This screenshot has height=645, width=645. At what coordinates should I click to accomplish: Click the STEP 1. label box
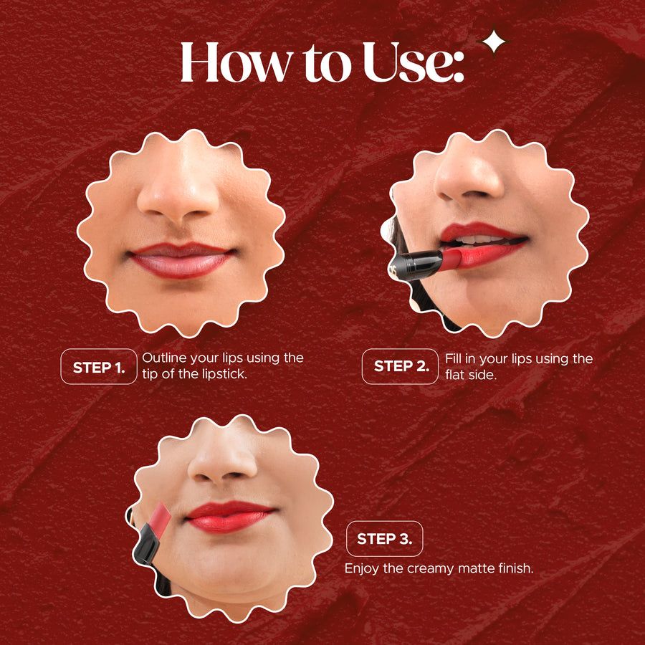99,366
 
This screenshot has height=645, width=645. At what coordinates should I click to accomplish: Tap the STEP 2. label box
400,366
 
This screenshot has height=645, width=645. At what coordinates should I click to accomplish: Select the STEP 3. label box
385,538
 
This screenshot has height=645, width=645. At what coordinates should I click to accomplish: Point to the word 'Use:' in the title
414,62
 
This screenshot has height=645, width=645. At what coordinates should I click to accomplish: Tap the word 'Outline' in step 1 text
162,358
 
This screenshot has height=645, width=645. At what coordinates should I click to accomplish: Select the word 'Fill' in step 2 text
454,358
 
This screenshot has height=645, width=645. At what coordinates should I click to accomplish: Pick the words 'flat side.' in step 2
472,375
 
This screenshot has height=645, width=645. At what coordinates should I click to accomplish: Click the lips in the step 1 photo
181,259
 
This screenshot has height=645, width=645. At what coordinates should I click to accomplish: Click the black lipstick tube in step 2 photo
416,265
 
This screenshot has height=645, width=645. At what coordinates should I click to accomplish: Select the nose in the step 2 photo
469,176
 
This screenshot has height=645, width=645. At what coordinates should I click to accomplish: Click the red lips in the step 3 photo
229,516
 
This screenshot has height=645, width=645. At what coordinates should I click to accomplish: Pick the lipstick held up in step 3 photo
150,532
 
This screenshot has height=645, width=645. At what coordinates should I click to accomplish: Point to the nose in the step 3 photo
223,460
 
